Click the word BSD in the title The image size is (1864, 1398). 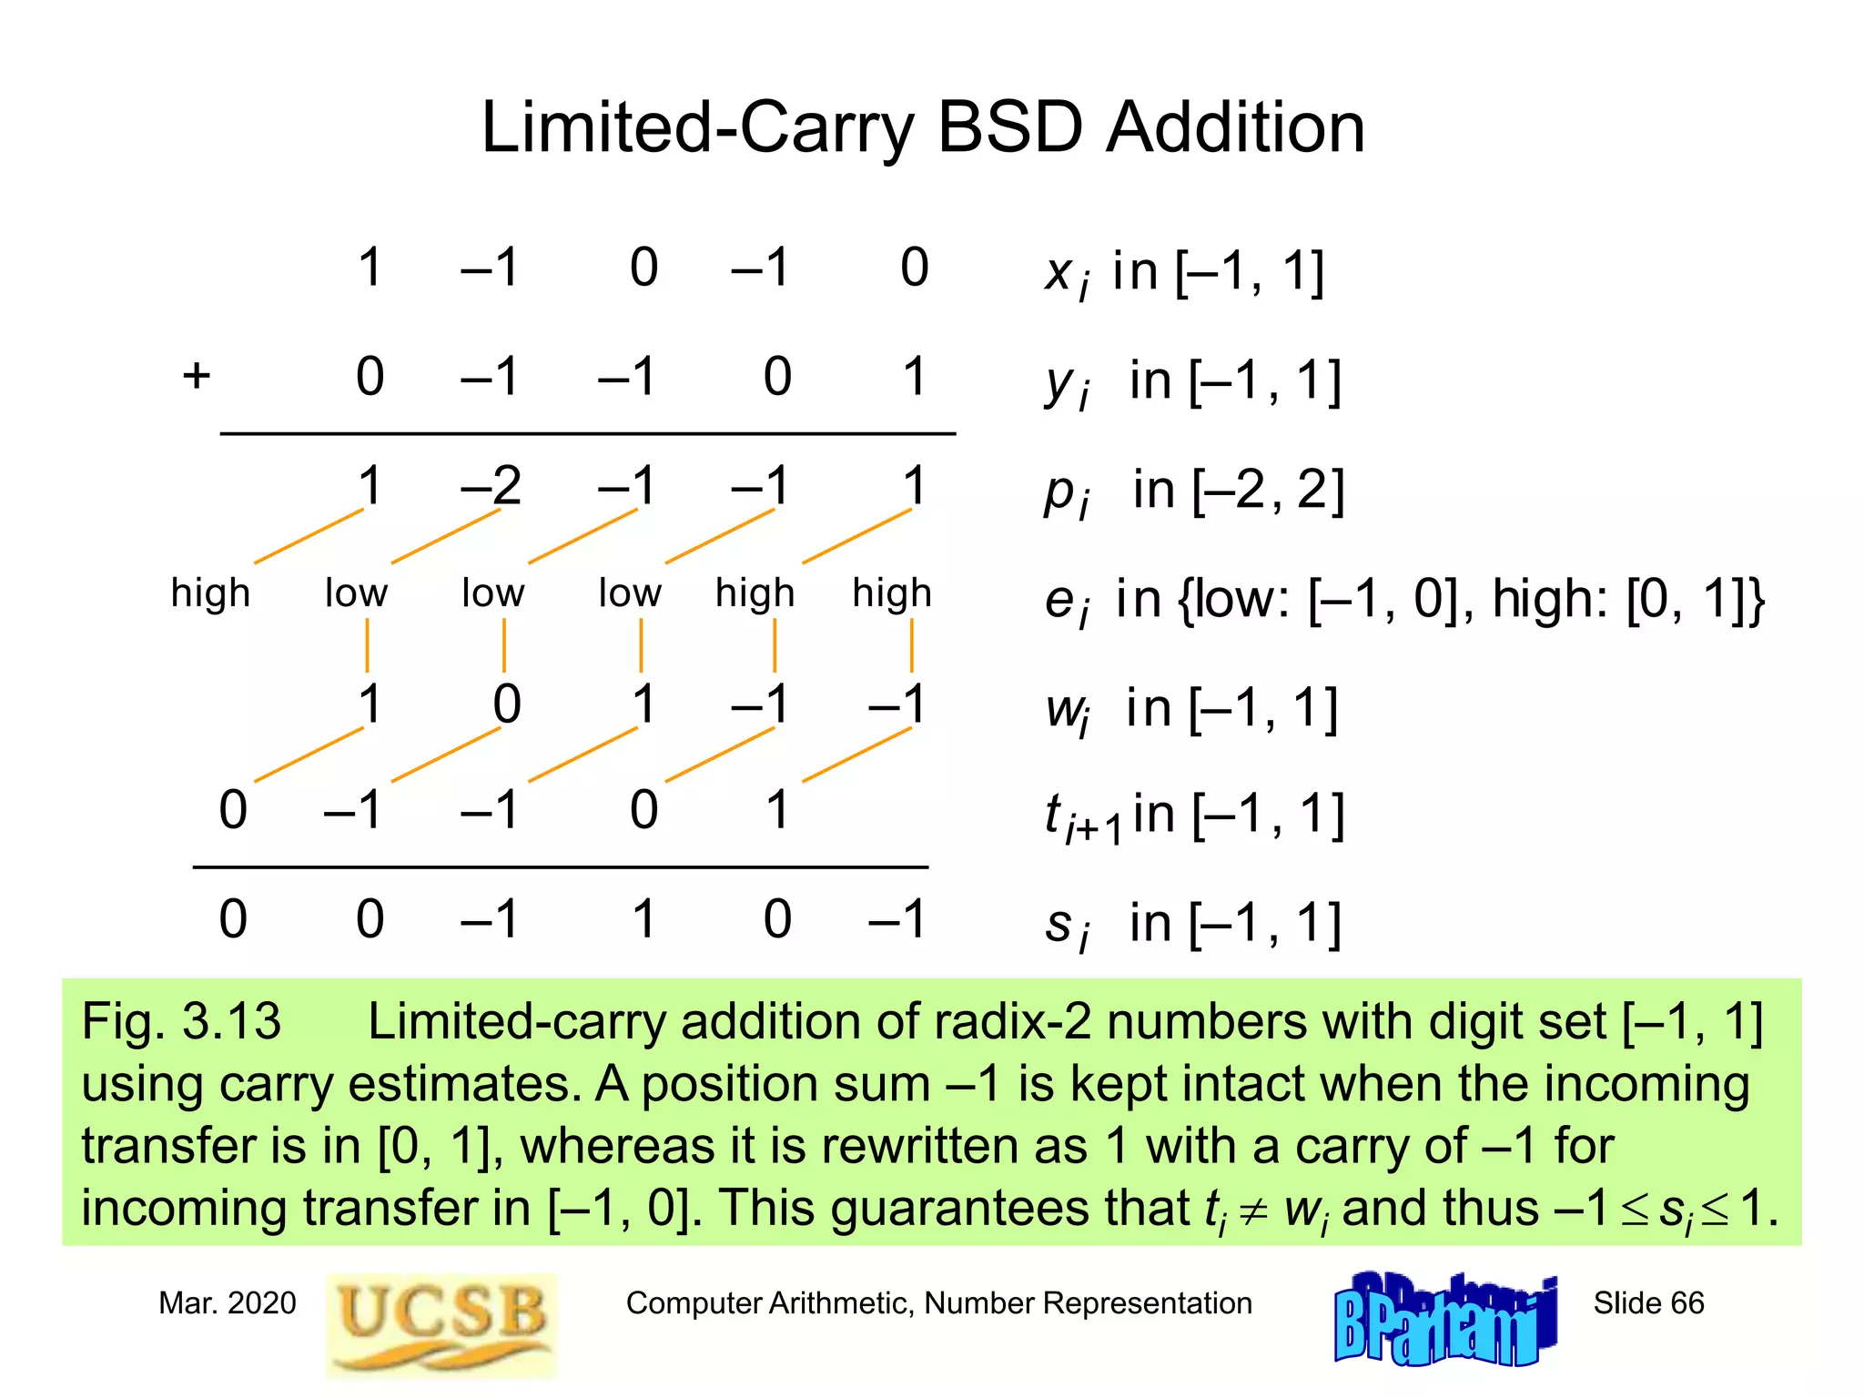coord(1010,127)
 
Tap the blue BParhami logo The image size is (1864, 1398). coord(1445,1320)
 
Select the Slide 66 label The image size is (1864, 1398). coord(1648,1303)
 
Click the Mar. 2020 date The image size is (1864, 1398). coord(228,1303)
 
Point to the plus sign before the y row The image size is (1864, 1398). coord(197,376)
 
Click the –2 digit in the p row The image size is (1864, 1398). coord(491,486)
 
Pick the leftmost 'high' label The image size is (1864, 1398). coord(210,593)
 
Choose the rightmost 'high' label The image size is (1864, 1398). coord(892,593)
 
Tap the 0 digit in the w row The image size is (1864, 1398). coord(507,704)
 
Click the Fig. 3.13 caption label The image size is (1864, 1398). coord(181,1021)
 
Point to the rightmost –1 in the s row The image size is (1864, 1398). coord(897,919)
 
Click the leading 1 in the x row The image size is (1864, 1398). coord(370,268)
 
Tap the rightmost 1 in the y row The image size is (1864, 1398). coord(915,377)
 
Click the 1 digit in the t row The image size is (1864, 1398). coord(776,810)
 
